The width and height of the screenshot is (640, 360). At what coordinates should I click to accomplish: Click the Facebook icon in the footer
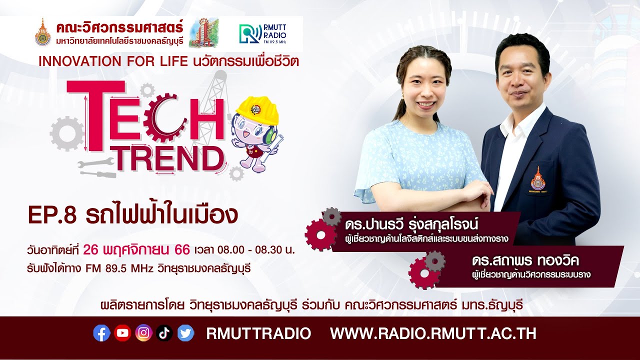point(101,333)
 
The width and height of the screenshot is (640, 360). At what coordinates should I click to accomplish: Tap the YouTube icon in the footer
point(122,333)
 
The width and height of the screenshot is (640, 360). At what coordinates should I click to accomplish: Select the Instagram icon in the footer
point(143,333)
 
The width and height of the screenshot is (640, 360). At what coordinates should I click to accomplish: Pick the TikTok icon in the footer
point(164,333)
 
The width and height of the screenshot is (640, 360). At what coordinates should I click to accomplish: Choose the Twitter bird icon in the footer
point(185,333)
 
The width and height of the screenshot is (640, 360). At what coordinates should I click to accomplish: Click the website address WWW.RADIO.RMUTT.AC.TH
point(433,333)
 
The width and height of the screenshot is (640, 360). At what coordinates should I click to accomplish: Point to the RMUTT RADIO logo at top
point(263,33)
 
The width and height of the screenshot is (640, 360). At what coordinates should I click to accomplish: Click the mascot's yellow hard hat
point(257,110)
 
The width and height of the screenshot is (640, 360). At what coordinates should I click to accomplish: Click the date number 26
point(93,249)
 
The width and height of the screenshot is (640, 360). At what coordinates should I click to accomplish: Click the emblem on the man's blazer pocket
point(538,179)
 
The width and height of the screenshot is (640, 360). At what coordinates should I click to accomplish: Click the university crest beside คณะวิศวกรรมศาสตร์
point(43,33)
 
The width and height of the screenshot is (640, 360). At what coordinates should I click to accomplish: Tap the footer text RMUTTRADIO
point(258,333)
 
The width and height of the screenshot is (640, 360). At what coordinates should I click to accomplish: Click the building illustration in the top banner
point(203,32)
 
